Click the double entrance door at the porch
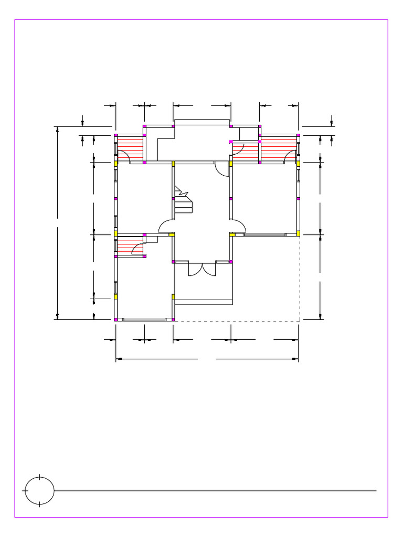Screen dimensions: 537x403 [202, 268]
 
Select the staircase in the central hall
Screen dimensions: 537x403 [184, 202]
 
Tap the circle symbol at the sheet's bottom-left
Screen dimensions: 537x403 [39, 491]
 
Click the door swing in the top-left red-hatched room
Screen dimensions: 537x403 [124, 156]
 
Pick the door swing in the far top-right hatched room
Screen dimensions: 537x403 [290, 156]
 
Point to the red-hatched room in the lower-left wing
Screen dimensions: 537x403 [129, 245]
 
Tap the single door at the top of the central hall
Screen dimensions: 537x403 [221, 169]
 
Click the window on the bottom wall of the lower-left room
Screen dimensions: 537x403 [144, 319]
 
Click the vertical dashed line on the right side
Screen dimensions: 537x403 [300, 278]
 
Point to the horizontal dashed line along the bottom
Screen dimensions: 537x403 [236, 320]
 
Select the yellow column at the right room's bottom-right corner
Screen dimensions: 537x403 [298, 233]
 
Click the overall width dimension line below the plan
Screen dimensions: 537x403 [207, 359]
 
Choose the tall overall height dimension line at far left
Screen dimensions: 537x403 [57, 223]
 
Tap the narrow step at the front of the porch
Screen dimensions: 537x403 [204, 302]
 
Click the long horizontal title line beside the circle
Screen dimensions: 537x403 [215, 491]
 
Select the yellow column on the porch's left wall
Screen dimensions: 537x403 [173, 297]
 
